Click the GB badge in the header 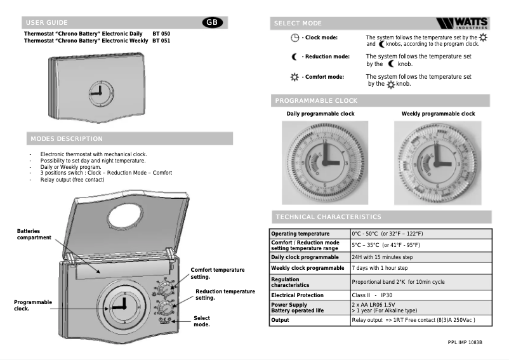click(212, 22)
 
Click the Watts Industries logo click(463, 23)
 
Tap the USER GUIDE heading click(46, 23)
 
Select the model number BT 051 click(161, 41)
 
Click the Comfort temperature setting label click(218, 274)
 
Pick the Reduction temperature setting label click(225, 295)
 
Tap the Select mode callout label click(202, 321)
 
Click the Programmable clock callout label click(33, 306)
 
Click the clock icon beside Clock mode click(294, 37)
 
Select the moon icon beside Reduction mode click(294, 57)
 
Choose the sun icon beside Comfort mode click(294, 77)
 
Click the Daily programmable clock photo click(324, 163)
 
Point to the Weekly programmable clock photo click(437, 163)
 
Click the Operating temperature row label click(300, 234)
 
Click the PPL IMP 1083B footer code click(465, 343)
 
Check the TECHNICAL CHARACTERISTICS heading click(328, 217)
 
